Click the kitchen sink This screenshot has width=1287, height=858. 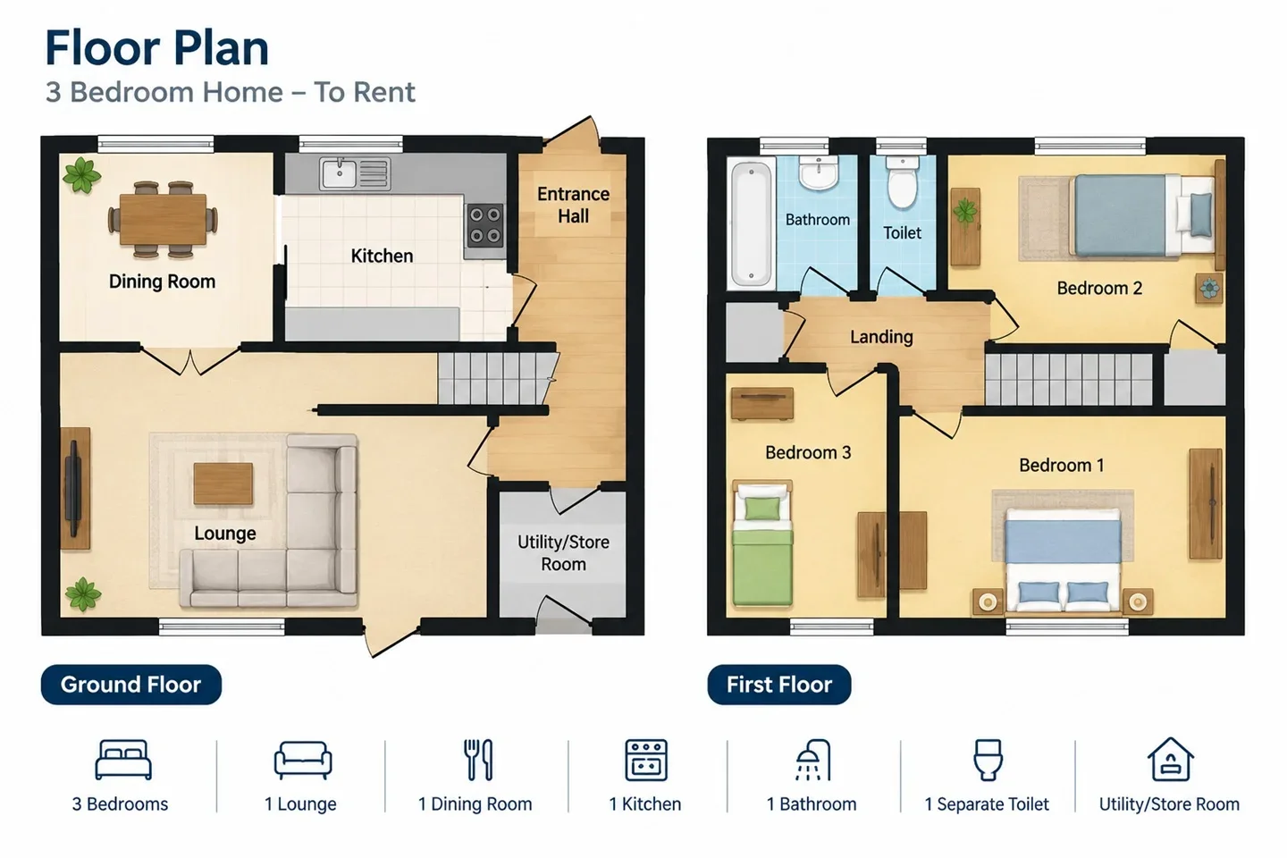coord(355,173)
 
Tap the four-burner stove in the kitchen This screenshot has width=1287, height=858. coord(485,224)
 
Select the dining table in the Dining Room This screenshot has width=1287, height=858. coord(163,219)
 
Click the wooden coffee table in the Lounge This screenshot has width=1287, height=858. coord(223,484)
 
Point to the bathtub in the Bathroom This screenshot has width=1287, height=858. coord(751,223)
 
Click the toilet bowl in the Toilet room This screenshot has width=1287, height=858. coord(902,182)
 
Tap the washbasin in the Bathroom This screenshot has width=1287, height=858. coord(818,172)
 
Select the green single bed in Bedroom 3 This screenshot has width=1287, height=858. coord(762,543)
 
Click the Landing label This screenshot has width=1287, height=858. coord(881,336)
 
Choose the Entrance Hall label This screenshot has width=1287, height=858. coord(574,206)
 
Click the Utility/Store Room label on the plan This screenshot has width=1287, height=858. coord(563,553)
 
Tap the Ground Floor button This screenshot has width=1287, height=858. coord(131,685)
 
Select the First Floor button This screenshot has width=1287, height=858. coord(779,685)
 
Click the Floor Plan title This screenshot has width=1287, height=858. coord(157,48)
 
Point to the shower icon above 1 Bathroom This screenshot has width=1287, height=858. coord(812,760)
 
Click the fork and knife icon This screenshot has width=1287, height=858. coord(479,760)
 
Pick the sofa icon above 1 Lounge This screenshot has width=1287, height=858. coord(303,761)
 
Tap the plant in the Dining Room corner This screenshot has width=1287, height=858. coord(81,174)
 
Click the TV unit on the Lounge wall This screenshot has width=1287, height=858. coord(75,489)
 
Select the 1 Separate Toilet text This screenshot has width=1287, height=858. coord(987,804)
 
